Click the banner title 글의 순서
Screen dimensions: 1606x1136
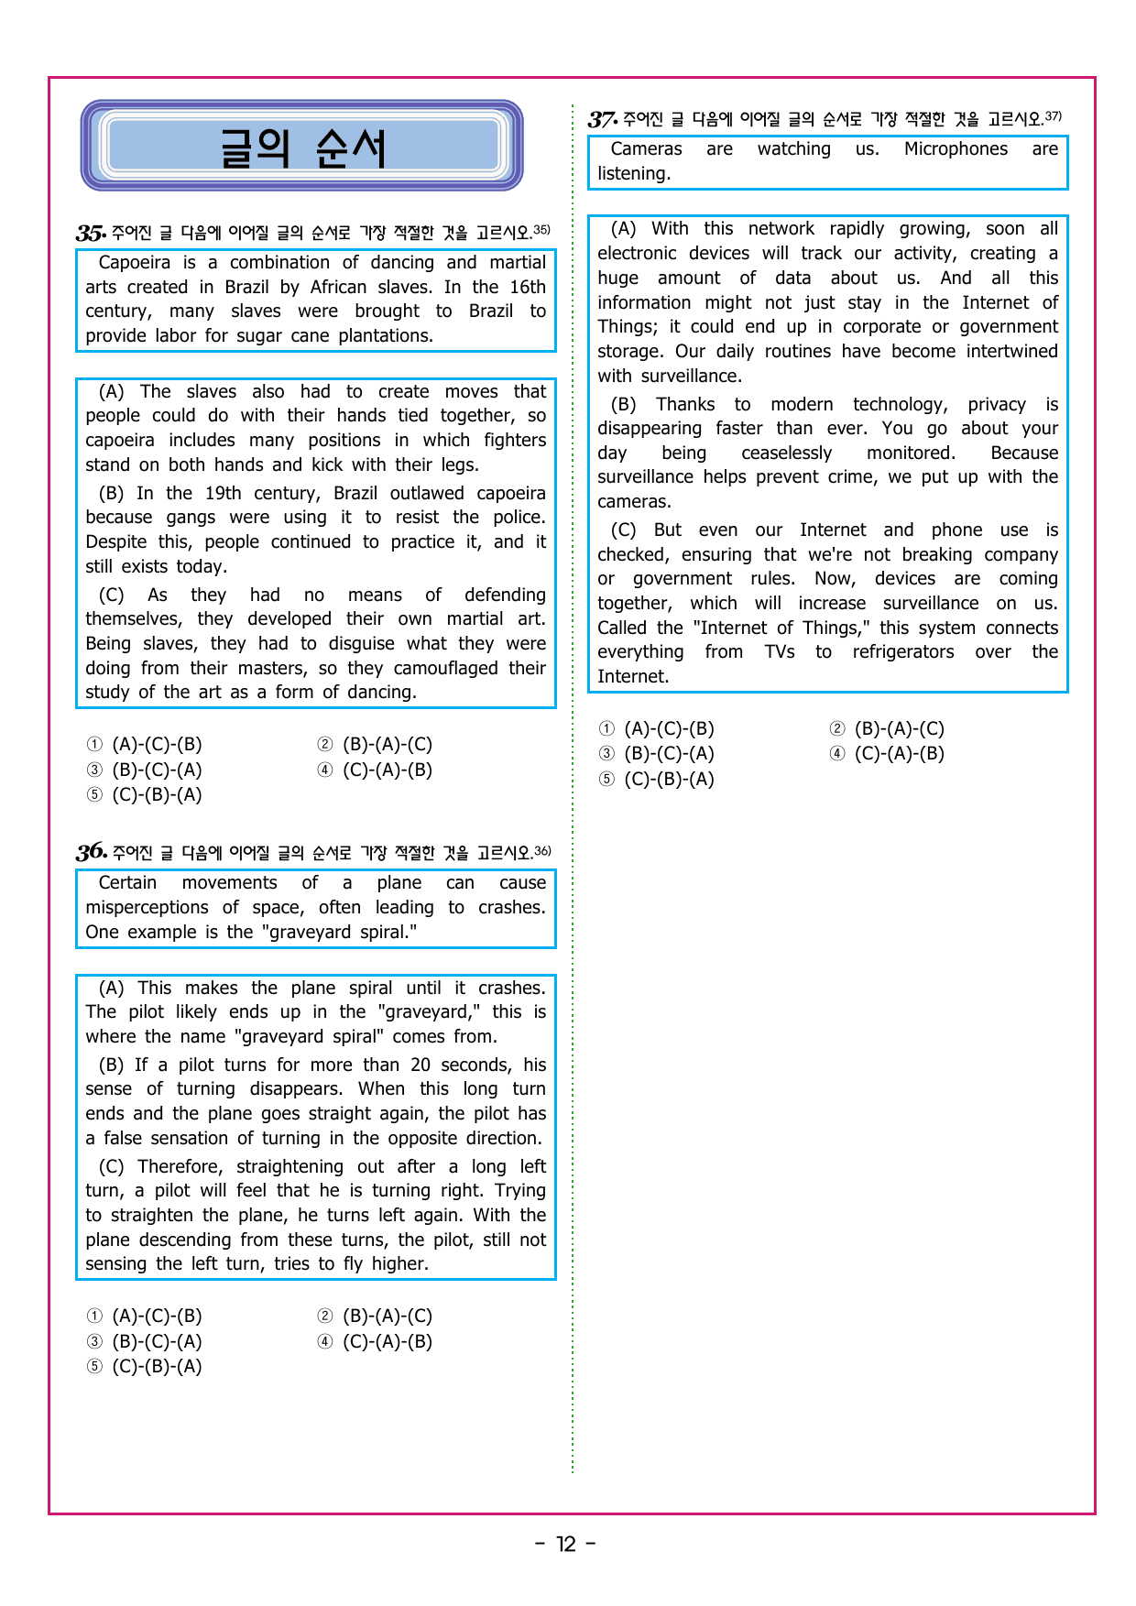(302, 148)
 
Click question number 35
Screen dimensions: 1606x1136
(91, 233)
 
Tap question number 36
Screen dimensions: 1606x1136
(91, 852)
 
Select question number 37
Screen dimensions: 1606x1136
(602, 119)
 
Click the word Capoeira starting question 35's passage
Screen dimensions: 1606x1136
(134, 263)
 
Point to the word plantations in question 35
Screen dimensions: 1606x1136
(385, 336)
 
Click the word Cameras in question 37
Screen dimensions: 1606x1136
(646, 149)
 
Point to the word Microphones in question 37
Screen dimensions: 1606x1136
(956, 149)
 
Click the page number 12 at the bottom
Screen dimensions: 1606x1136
(566, 1545)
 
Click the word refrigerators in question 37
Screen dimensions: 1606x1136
(902, 652)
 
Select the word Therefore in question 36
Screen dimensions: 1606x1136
(180, 1166)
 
